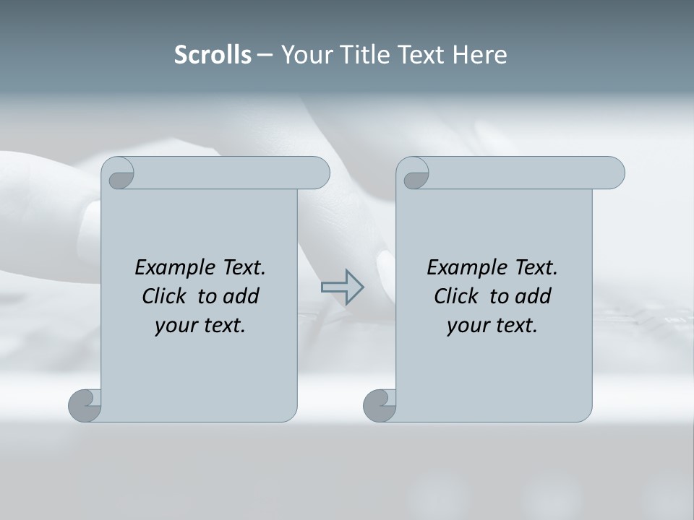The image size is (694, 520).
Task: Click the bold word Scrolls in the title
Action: pos(213,55)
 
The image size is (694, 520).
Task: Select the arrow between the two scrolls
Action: pos(342,287)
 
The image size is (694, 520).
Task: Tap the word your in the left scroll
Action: pos(173,326)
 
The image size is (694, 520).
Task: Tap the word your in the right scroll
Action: pos(466,326)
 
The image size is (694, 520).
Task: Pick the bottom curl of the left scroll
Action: pos(85,404)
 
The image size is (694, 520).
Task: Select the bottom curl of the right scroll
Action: pos(380,404)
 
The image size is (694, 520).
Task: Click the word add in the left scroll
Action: pos(241,296)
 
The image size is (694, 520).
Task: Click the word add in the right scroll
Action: pos(534,296)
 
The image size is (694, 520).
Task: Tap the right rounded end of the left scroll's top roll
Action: pos(320,173)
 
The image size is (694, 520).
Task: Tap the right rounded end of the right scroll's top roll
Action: pos(614,173)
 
